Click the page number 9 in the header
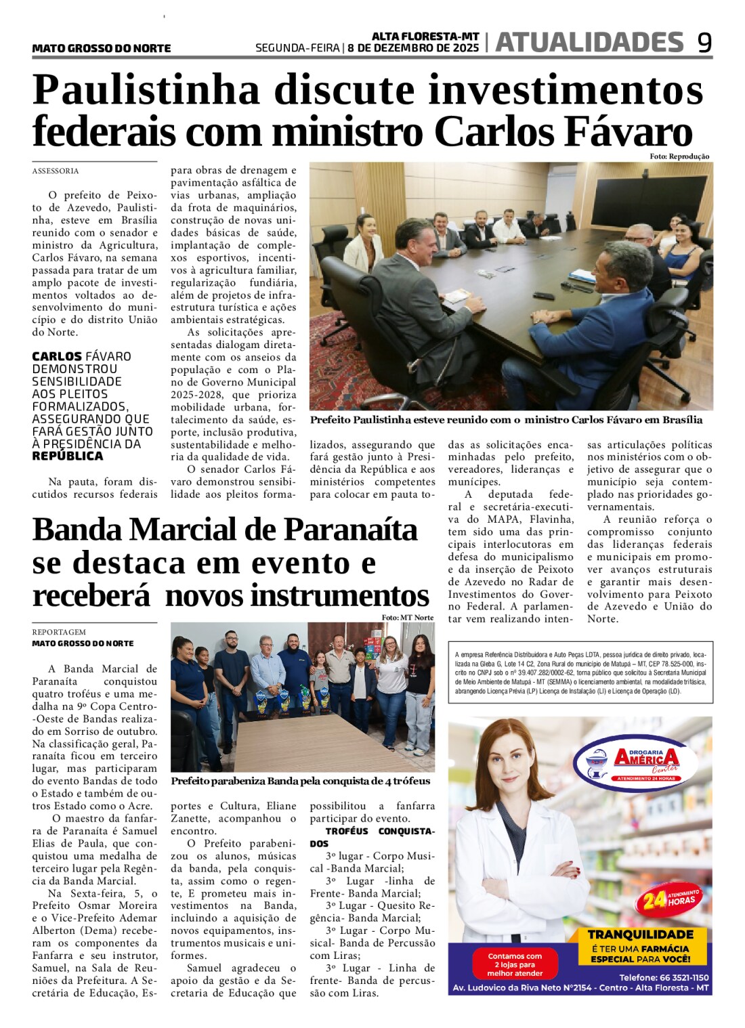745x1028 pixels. pyautogui.click(x=704, y=43)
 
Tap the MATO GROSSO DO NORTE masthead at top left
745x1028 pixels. pyautogui.click(x=102, y=48)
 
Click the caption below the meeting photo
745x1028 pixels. pyautogui.click(x=506, y=420)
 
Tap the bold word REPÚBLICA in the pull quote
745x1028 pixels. pyautogui.click(x=68, y=456)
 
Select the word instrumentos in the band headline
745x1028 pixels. pyautogui.click(x=339, y=596)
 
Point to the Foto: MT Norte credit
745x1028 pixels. pyautogui.click(x=407, y=618)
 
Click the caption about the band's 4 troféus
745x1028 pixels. pyautogui.click(x=300, y=781)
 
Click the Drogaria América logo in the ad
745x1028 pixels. pyautogui.click(x=635, y=762)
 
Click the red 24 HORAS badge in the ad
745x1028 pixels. pyautogui.click(x=669, y=900)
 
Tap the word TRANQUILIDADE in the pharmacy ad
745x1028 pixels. pyautogui.click(x=640, y=935)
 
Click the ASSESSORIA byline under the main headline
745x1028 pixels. pyautogui.click(x=56, y=171)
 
